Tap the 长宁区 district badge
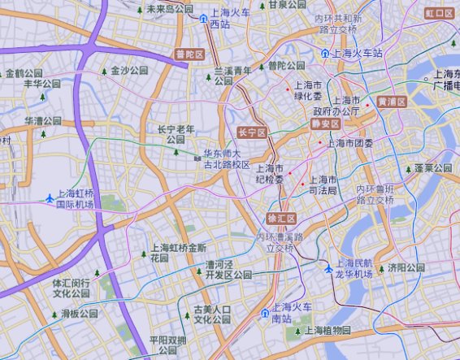[252, 132]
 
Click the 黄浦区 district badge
[390, 102]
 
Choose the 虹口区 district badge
[440, 14]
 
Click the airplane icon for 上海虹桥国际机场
[50, 198]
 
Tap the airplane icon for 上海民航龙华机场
[328, 268]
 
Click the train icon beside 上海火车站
[325, 53]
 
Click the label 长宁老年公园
[176, 134]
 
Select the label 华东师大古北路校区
[226, 158]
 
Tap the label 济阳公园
[406, 267]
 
